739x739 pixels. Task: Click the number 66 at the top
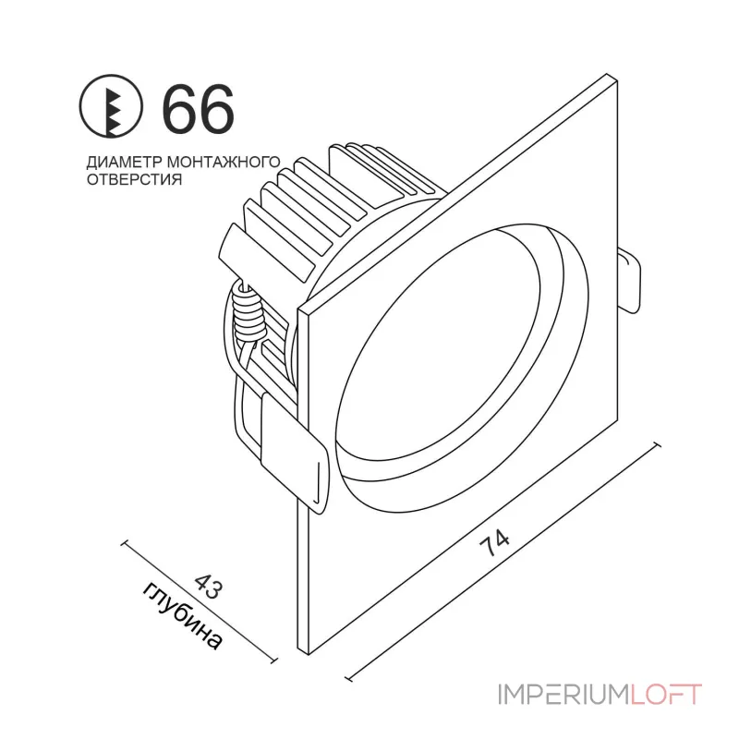point(199,108)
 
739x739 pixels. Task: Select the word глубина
point(185,615)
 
